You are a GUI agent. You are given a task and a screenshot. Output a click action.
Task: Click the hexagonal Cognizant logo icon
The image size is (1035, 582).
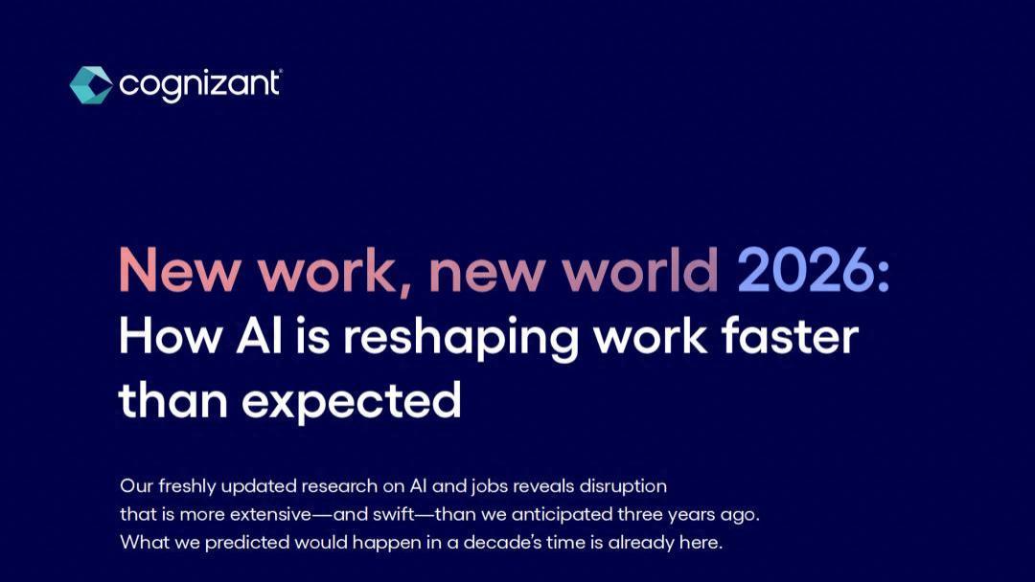(91, 85)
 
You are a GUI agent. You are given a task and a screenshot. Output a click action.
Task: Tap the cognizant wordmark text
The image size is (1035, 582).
(200, 86)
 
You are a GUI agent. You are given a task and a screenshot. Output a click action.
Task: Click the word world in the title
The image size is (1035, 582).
(639, 269)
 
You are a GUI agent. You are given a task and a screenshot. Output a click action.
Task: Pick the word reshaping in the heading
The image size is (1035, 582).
(460, 339)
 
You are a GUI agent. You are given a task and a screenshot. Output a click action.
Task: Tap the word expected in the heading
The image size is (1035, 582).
(351, 401)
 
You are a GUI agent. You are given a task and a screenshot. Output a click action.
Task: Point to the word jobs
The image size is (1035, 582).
(489, 486)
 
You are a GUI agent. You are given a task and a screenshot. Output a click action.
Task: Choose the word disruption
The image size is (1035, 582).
(623, 486)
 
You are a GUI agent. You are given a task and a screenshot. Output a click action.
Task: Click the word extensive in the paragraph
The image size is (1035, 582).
(270, 514)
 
